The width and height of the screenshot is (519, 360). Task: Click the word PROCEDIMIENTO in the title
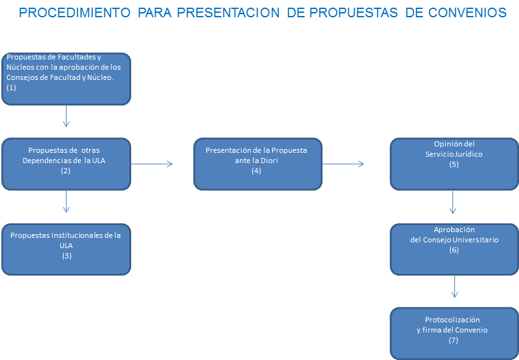point(74,13)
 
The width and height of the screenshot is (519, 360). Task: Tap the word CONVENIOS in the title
point(467,13)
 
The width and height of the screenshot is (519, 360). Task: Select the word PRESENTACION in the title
point(228,13)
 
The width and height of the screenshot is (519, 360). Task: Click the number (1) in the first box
point(12,88)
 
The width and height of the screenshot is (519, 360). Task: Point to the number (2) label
point(65,171)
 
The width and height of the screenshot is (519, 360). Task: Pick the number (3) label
point(67,256)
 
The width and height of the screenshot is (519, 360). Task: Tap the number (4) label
point(256,171)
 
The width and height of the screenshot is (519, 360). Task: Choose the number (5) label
point(454,164)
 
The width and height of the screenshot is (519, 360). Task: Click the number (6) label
point(454,250)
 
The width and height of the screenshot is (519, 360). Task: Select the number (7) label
point(454,340)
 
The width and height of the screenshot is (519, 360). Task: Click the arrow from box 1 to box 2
point(66,116)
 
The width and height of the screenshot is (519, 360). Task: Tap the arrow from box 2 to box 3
point(66,201)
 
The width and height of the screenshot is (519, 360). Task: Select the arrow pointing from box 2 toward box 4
point(152,164)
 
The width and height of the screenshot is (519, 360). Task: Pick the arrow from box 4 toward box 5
point(343,164)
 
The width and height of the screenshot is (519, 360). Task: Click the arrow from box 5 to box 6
point(453,202)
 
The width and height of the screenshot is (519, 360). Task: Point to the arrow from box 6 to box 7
point(455,286)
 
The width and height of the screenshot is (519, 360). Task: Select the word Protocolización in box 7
point(452,320)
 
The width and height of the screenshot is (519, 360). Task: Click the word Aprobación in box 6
point(454,230)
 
